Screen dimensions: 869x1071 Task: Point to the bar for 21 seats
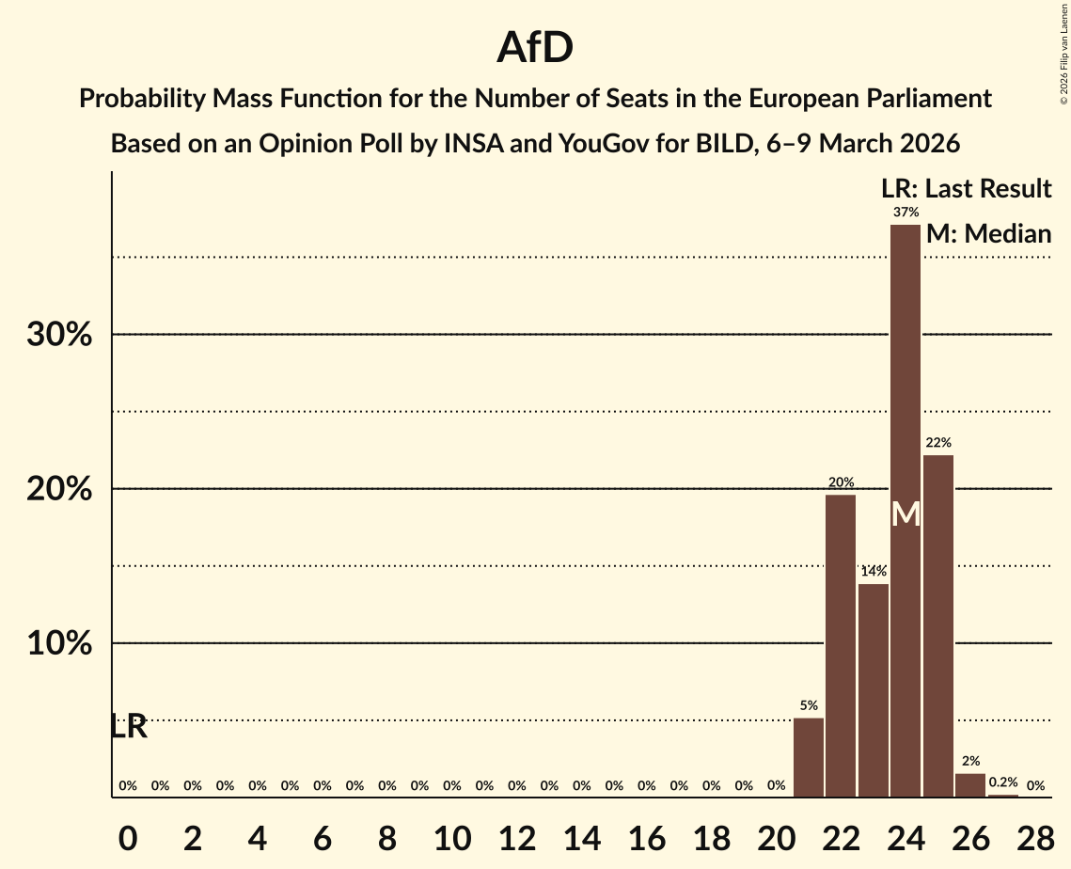click(809, 757)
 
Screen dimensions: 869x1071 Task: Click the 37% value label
click(906, 212)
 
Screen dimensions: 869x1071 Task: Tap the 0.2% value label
click(1002, 782)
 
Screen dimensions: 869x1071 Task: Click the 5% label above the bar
click(809, 705)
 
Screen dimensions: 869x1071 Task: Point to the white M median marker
click(906, 513)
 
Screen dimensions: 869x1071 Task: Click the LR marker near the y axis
click(129, 726)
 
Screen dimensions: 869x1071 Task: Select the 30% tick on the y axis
click(59, 335)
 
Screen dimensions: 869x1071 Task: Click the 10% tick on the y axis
click(59, 644)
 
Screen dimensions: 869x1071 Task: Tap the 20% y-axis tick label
click(59, 490)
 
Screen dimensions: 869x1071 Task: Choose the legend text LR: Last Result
click(965, 189)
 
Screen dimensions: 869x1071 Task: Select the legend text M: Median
click(987, 233)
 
